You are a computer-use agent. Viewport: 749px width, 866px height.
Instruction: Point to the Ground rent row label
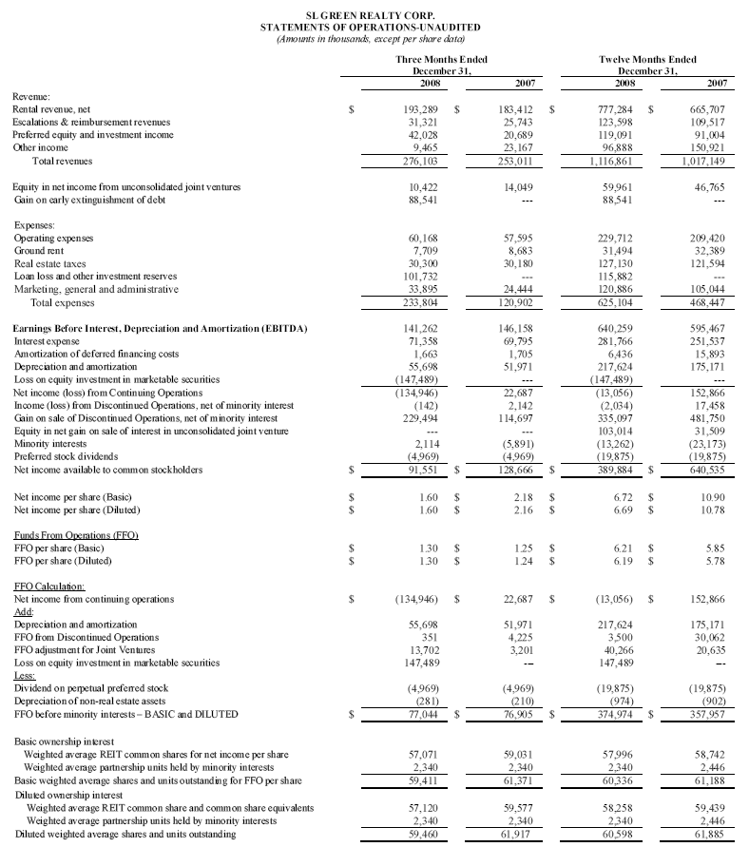tap(38, 250)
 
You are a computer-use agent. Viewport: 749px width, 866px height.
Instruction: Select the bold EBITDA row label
tap(160, 327)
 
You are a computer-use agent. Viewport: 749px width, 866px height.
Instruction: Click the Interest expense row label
tap(45, 339)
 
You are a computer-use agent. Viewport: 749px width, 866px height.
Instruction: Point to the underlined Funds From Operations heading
tap(76, 536)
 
